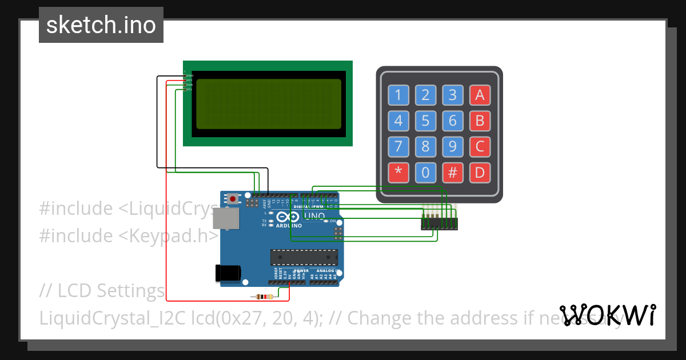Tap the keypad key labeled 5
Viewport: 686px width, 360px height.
click(x=425, y=121)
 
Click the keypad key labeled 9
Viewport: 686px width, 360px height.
click(x=453, y=147)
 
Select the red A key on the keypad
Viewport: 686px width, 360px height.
click(x=480, y=95)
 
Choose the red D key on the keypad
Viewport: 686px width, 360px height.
click(x=480, y=173)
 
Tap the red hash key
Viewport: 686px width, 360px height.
click(x=453, y=173)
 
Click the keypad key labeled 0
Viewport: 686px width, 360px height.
click(x=425, y=173)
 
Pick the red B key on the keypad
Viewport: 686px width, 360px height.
click(x=480, y=121)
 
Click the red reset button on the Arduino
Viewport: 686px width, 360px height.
click(x=233, y=199)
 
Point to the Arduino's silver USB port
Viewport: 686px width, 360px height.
click(x=226, y=218)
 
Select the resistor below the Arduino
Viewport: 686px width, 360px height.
click(x=262, y=297)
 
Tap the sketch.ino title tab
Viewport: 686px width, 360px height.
click(x=101, y=25)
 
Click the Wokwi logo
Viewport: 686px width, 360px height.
click(x=607, y=315)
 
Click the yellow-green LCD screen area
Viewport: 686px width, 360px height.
click(x=269, y=104)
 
